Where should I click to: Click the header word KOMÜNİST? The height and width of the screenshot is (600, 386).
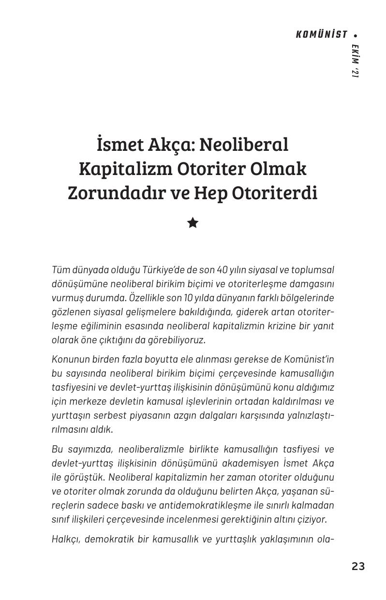click(322, 35)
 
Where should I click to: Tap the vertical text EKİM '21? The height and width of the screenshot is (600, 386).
click(356, 61)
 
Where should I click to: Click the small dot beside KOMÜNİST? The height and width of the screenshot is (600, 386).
click(356, 35)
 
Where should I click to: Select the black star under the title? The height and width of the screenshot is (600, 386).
click(193, 223)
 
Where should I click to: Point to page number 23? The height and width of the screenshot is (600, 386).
click(358, 566)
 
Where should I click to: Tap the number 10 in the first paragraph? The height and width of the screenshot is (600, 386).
click(185, 298)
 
